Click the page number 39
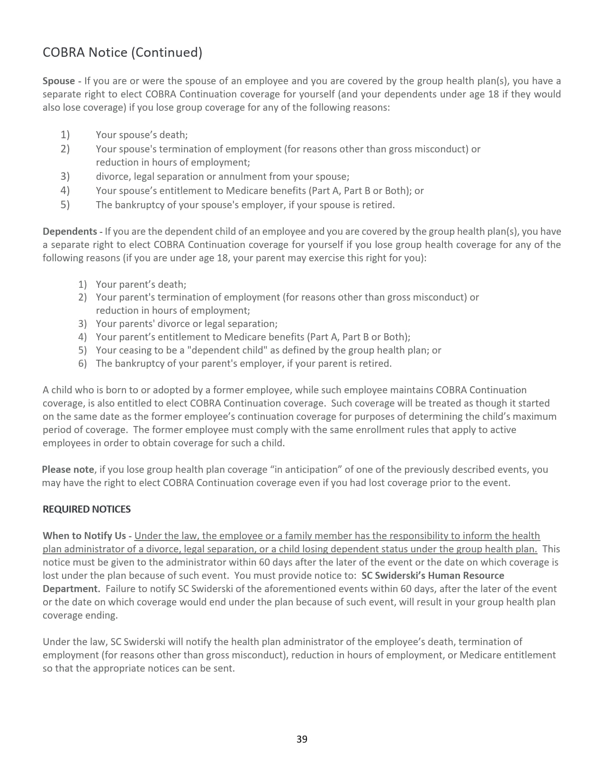302,739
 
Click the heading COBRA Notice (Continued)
122,52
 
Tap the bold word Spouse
58,81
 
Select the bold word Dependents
70,231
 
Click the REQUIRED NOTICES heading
87,509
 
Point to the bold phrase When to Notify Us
84,536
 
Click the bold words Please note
68,470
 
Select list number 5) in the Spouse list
65,205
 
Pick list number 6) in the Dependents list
83,364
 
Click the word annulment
242,177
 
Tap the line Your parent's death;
141,284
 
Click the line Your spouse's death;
142,135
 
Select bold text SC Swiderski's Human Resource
433,576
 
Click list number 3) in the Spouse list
65,177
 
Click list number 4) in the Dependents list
83,337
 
